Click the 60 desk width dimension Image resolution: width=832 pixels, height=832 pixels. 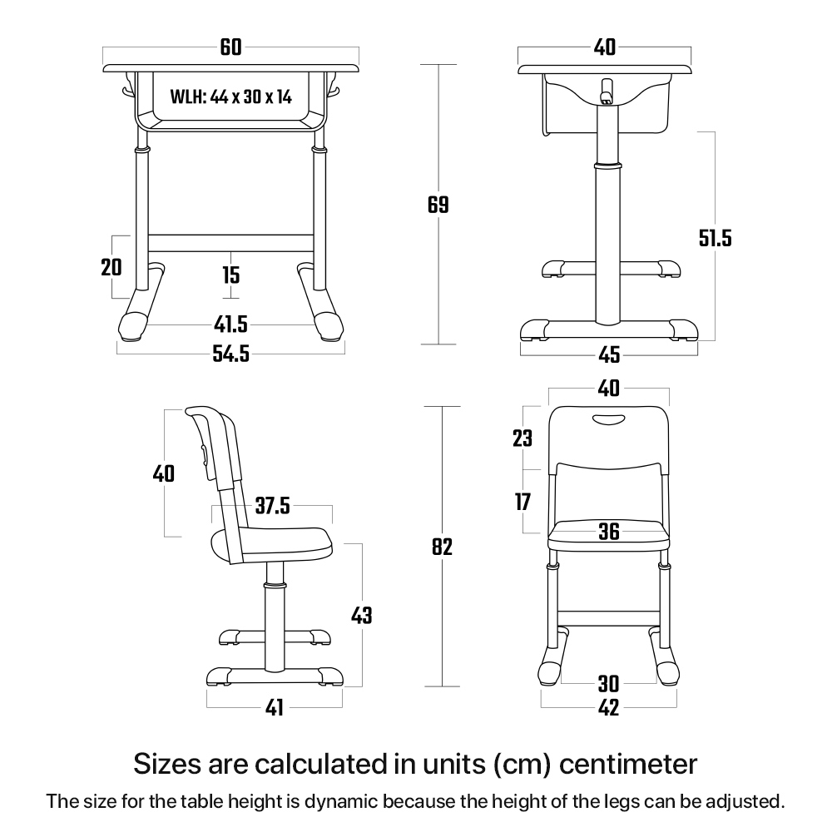[230, 47]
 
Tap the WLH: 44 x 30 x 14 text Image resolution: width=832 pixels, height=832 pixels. [230, 97]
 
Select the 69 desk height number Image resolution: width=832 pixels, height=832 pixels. [438, 205]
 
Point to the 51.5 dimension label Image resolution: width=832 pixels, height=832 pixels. [715, 238]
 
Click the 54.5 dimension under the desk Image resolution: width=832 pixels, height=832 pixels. [230, 354]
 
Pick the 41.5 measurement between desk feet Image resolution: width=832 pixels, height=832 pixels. [230, 324]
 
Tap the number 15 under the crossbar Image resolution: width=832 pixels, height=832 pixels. [230, 275]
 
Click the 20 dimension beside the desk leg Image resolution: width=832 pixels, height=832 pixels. [111, 267]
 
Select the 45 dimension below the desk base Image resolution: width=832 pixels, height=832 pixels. [609, 354]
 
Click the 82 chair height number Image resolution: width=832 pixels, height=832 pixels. [442, 547]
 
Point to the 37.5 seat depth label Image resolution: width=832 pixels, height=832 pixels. [273, 506]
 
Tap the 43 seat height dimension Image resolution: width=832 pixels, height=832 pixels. [361, 616]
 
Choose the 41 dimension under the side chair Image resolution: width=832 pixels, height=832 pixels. [275, 708]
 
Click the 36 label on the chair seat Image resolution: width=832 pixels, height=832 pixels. [609, 531]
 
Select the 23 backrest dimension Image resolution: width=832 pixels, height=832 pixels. [522, 438]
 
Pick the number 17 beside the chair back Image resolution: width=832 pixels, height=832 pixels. [522, 502]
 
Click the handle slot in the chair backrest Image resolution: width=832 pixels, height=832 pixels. [609, 419]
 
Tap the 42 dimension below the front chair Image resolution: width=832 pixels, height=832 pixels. [609, 708]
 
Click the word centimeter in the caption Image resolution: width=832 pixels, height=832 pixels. [628, 765]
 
